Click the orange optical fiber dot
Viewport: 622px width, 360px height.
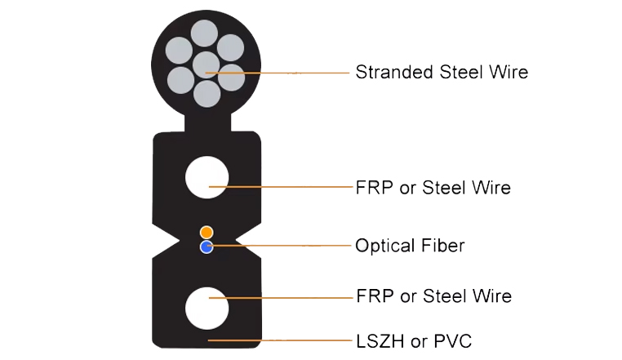[207, 232]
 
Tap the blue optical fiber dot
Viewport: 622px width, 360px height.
[207, 247]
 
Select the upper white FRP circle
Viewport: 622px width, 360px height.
[207, 177]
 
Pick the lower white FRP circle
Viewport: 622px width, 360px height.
[207, 308]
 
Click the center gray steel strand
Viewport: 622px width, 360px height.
[206, 65]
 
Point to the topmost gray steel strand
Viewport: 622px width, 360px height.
[204, 33]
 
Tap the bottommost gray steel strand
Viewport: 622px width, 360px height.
[207, 94]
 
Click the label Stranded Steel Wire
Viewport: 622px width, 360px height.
[442, 72]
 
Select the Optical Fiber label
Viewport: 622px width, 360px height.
[410, 246]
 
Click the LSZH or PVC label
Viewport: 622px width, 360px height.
[414, 341]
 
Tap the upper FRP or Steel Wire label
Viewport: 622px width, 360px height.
[433, 188]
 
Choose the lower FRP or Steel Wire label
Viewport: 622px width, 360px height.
[433, 296]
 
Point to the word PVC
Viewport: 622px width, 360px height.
[452, 341]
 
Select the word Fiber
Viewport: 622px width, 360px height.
[442, 246]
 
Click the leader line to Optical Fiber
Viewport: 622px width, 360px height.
[279, 246]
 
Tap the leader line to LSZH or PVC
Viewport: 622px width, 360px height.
[280, 340]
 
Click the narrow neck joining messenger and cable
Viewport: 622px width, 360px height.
[208, 122]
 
